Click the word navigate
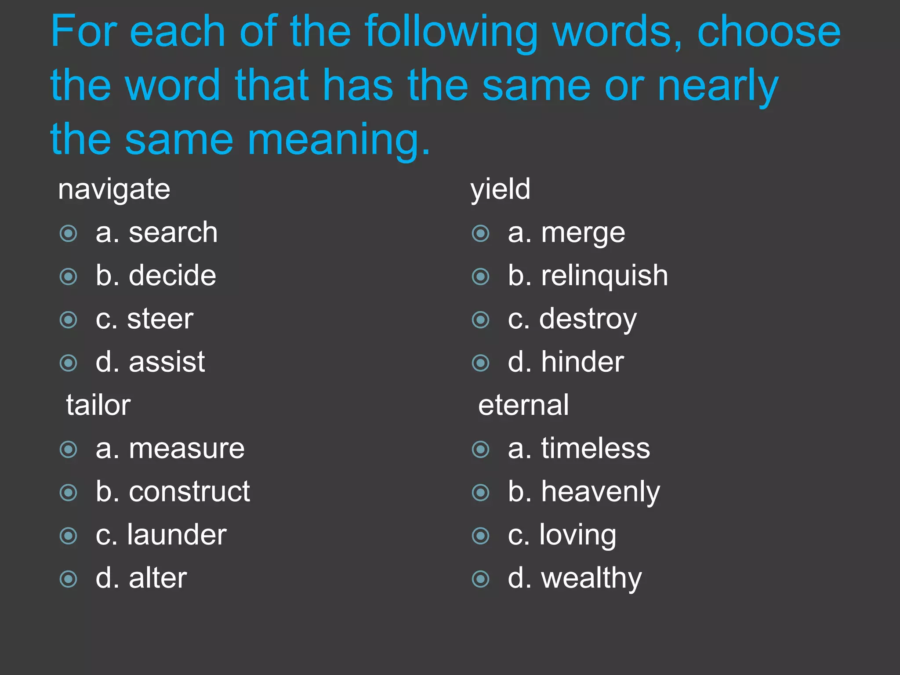point(114,190)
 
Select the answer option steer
point(160,319)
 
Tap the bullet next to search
point(69,233)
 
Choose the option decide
point(172,276)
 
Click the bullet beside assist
point(69,363)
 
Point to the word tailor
point(98,405)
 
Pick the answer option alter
point(158,578)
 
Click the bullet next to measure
point(69,449)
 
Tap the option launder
point(177,535)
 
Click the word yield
point(501,190)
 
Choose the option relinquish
point(604,276)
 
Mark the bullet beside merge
point(480,233)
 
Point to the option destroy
point(588,319)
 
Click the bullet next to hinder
point(480,363)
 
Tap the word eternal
point(523,405)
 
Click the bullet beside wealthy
point(480,579)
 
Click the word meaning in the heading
point(338,140)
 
